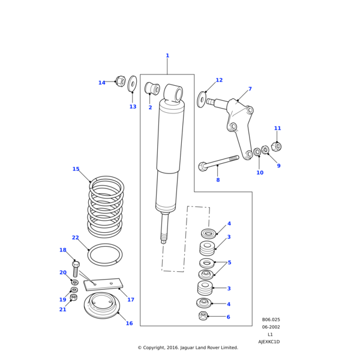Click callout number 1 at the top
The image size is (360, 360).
[167, 56]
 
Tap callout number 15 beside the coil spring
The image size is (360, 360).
[76, 169]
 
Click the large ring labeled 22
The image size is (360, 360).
[105, 254]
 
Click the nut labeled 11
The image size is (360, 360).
[276, 146]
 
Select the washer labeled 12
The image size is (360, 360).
[202, 100]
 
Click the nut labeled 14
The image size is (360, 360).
[120, 81]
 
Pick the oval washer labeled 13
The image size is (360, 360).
[133, 84]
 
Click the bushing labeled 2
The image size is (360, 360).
[152, 89]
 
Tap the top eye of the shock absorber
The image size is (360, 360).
[174, 93]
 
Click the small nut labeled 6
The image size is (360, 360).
[203, 316]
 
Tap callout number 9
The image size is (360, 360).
[278, 166]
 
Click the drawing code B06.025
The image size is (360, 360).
[271, 320]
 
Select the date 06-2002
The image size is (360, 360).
[271, 327]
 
